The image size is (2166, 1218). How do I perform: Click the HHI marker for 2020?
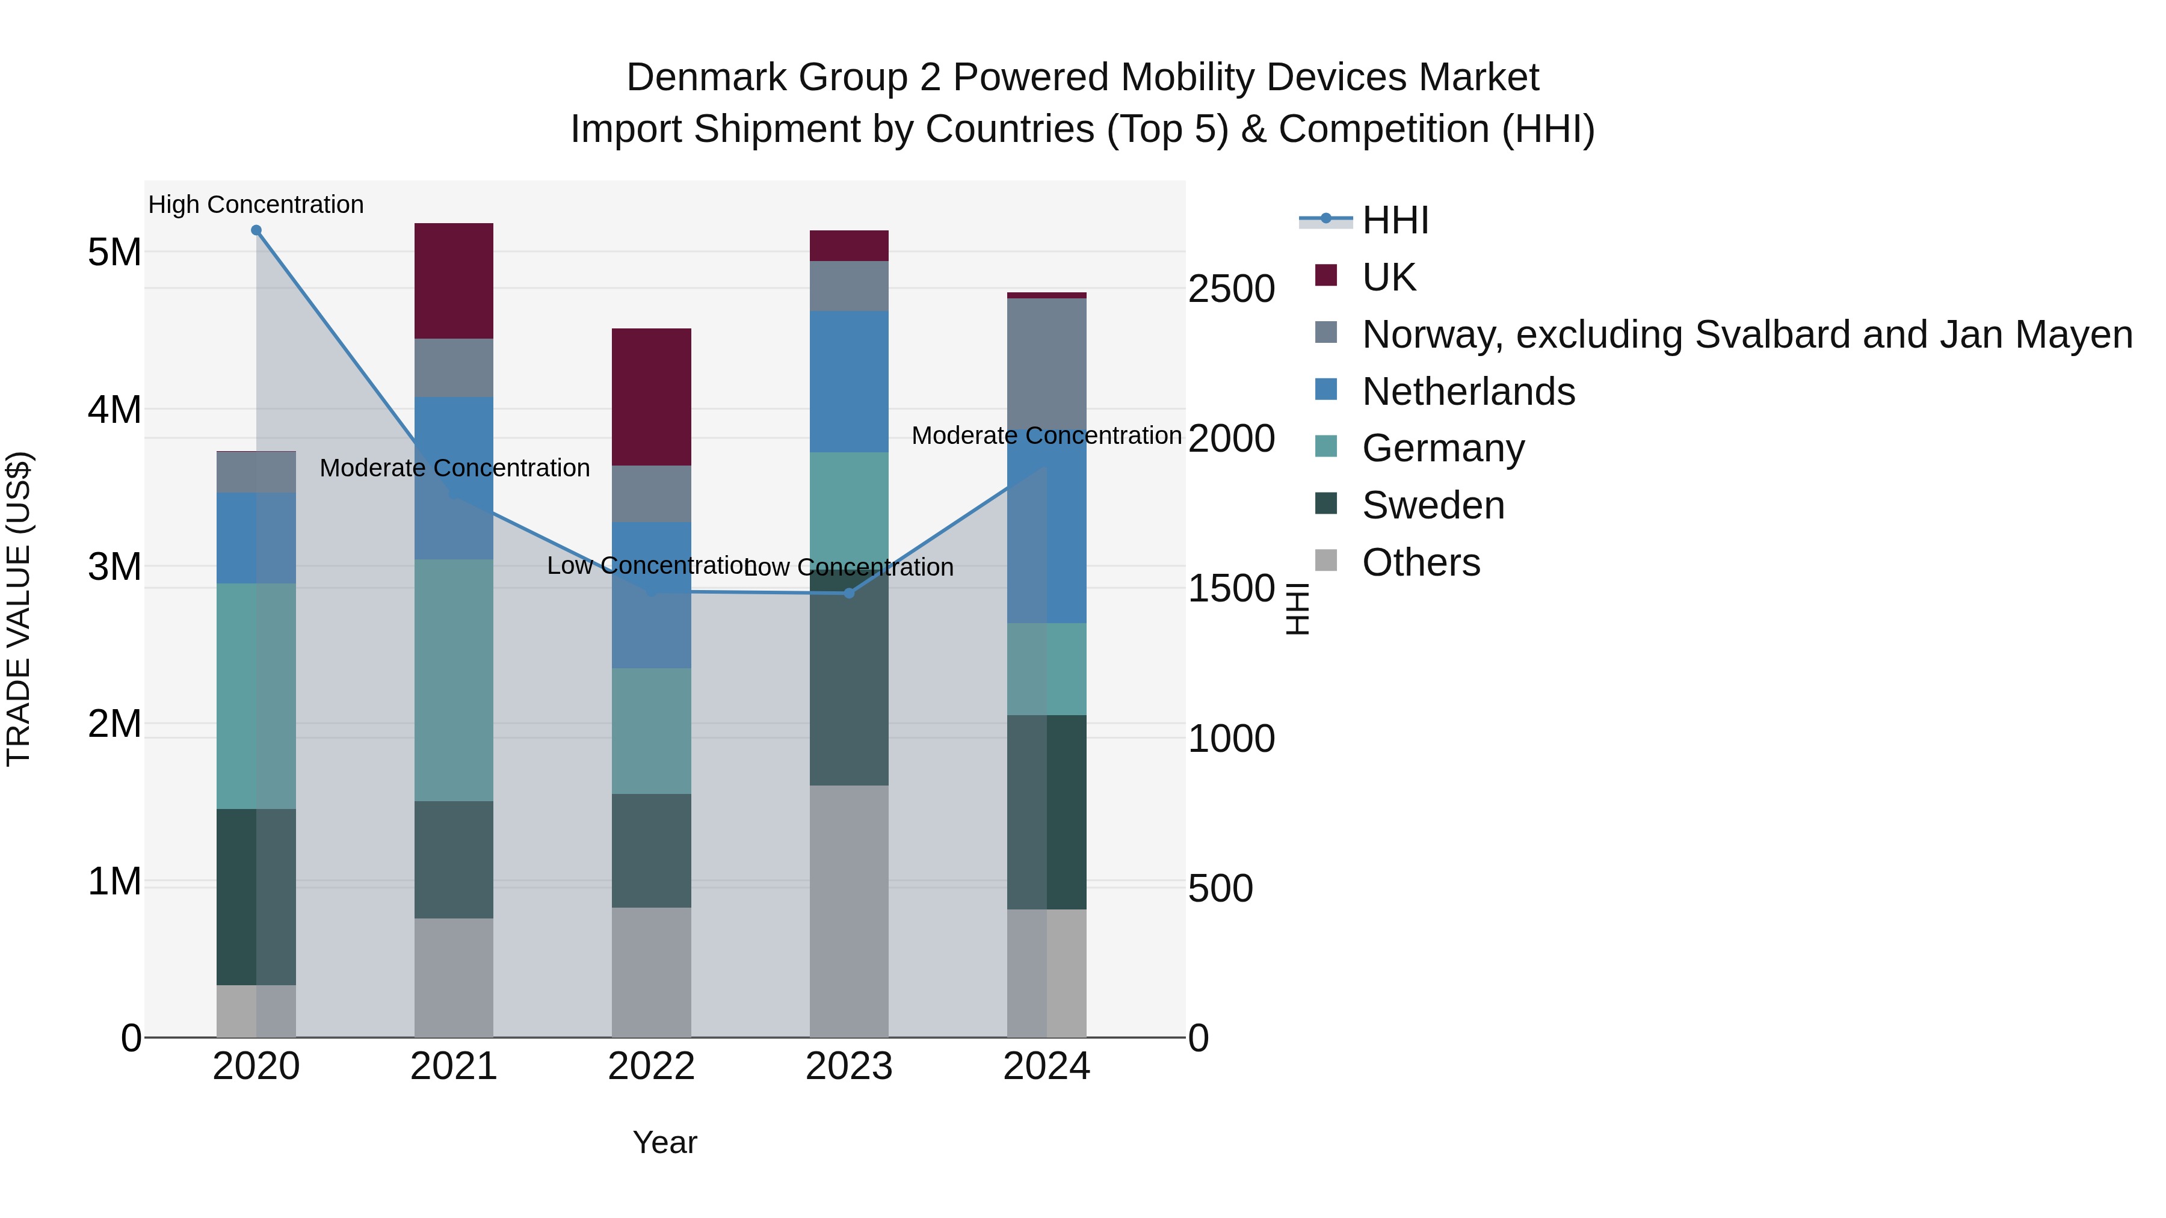pos(256,230)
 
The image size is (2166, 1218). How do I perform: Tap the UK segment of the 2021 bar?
pos(454,281)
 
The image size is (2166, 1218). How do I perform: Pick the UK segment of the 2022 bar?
pos(652,397)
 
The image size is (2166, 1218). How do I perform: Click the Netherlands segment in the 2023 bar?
pos(849,381)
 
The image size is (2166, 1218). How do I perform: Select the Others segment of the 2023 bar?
pos(849,911)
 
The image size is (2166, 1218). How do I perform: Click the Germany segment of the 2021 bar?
pos(454,680)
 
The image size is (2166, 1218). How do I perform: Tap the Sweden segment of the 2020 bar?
pos(256,896)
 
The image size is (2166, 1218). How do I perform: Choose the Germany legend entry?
pos(1442,448)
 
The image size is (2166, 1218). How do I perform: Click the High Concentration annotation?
pos(256,205)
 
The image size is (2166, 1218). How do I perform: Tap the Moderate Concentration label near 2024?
pos(1047,435)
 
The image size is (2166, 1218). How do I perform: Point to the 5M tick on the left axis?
pos(114,252)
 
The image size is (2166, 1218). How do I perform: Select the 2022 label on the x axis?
pos(652,1066)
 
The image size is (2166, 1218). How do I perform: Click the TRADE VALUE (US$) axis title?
pos(19,609)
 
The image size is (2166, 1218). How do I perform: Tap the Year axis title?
pos(664,1142)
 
